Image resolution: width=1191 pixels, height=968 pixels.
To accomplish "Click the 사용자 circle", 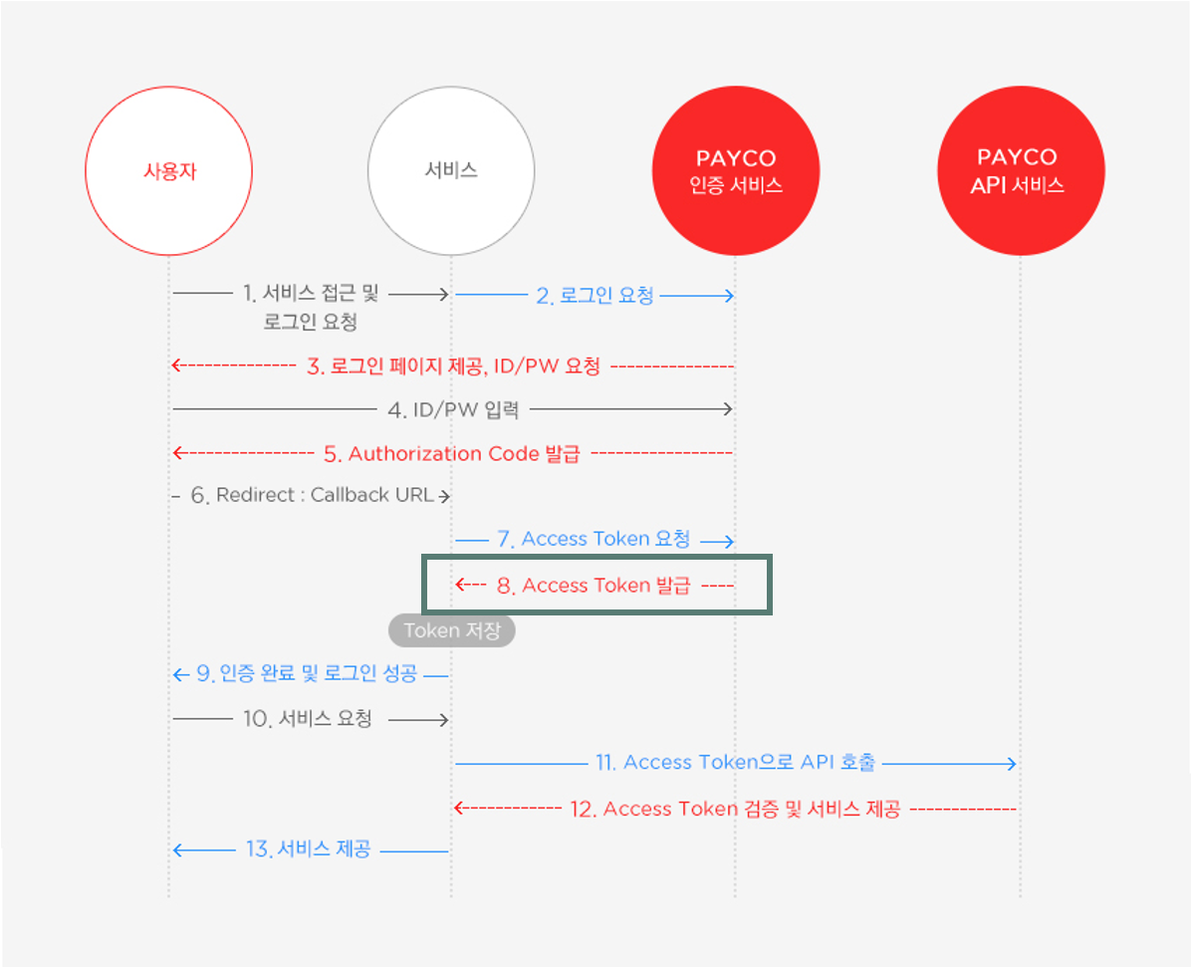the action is click(168, 171).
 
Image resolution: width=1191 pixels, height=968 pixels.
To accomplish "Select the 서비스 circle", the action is click(451, 171).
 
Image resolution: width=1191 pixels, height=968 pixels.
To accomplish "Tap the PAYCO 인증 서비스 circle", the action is click(736, 171).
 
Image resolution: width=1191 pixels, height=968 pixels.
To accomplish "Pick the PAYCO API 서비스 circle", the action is click(1021, 171).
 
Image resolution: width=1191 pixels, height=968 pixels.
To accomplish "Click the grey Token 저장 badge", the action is click(452, 630).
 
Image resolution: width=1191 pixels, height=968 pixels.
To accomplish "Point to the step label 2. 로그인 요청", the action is click(595, 296).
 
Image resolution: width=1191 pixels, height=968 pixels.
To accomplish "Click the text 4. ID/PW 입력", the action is click(453, 409).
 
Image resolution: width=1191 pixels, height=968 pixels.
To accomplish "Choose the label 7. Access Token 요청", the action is click(594, 540).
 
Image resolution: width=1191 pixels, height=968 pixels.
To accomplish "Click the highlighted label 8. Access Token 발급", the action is click(594, 586).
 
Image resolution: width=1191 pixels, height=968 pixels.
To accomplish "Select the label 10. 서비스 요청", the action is click(308, 719).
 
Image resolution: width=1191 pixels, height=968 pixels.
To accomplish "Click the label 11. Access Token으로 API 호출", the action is click(737, 763).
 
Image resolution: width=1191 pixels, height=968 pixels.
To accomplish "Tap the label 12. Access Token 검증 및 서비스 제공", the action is click(735, 809).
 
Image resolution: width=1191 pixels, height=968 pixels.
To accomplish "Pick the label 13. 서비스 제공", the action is click(308, 849).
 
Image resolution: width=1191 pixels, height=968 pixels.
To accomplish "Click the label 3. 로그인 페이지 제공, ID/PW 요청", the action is click(453, 366).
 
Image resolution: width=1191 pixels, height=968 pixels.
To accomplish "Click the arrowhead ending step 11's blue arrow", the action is click(1012, 764).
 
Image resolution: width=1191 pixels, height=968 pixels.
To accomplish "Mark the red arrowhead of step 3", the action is click(176, 365).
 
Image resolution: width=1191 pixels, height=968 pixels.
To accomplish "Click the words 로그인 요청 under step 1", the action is click(311, 322).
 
